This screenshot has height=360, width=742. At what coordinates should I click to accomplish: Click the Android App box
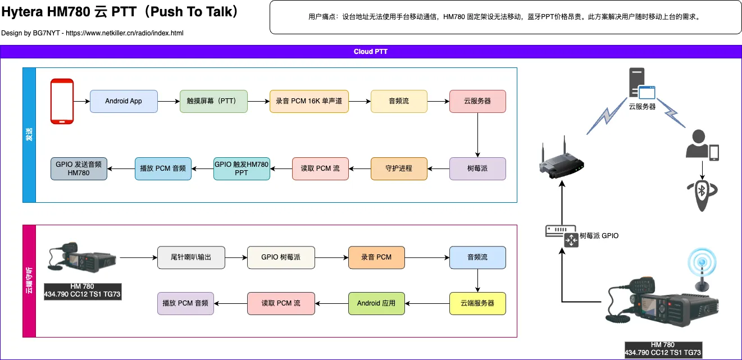[x=124, y=101]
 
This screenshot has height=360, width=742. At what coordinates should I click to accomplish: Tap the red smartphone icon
[x=62, y=101]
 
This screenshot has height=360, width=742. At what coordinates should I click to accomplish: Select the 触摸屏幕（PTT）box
[x=213, y=101]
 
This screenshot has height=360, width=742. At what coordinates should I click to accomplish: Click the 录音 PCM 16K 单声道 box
[x=309, y=101]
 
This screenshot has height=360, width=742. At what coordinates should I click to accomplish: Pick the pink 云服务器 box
[x=477, y=101]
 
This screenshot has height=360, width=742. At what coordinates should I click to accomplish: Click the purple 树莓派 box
[x=477, y=168]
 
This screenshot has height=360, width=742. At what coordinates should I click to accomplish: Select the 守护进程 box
[x=399, y=168]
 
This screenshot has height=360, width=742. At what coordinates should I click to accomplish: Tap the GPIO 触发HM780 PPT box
[x=242, y=168]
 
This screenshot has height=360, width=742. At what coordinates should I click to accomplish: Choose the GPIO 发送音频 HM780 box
[x=79, y=168]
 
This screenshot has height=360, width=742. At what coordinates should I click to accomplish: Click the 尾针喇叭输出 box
[x=191, y=257]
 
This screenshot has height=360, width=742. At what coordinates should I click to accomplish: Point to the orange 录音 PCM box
[x=376, y=257]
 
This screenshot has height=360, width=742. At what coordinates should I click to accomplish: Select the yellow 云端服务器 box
[x=477, y=303]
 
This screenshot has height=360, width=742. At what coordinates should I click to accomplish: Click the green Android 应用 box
[x=376, y=303]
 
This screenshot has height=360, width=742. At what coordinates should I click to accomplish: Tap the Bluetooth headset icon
[x=702, y=194]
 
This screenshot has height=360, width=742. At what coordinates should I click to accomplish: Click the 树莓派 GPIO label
[x=599, y=236]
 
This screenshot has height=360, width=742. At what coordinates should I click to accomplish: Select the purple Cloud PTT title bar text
[x=371, y=52]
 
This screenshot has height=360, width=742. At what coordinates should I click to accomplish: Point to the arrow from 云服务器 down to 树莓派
[x=477, y=135]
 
